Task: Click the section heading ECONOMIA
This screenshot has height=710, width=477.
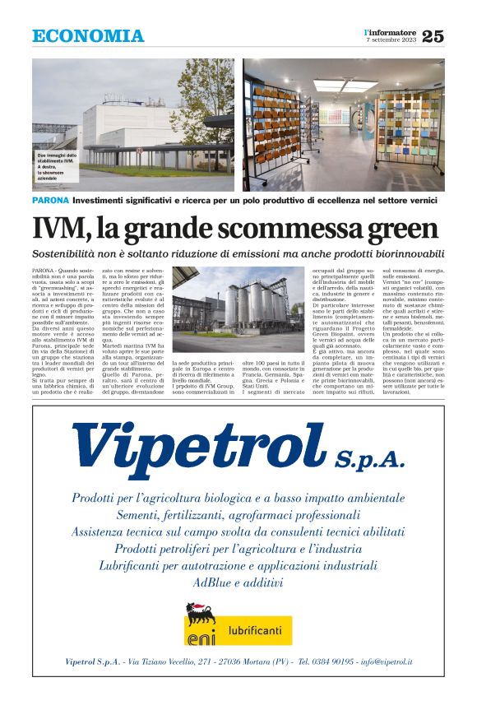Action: (88, 36)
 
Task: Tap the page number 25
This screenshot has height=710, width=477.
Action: (433, 36)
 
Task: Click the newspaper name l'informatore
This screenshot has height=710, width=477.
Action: (391, 32)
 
